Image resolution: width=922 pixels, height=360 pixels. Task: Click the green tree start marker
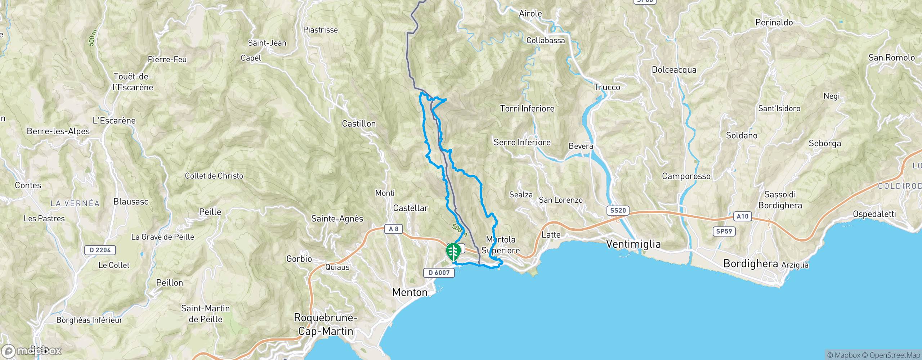[x=453, y=252]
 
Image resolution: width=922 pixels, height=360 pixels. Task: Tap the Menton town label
[x=410, y=292]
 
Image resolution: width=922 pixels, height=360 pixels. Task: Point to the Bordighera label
[x=751, y=264]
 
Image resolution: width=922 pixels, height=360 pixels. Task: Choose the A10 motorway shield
[x=742, y=216]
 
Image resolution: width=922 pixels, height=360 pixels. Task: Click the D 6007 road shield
[x=439, y=273]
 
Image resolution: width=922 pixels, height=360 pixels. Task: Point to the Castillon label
[x=358, y=124]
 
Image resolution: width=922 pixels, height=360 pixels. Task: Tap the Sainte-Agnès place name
[x=337, y=219]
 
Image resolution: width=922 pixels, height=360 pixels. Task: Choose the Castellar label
[x=410, y=208]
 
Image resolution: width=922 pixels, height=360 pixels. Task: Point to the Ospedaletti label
[x=874, y=214]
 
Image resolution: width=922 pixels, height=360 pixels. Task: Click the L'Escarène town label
[x=114, y=121]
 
